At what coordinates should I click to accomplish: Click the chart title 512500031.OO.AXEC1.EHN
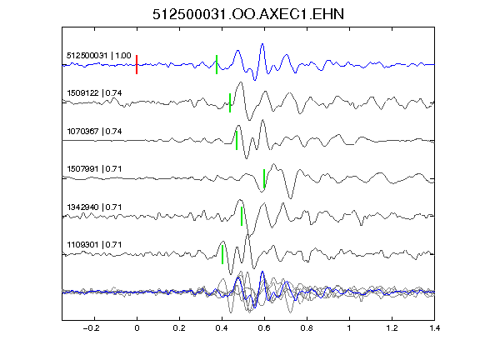pos(248,14)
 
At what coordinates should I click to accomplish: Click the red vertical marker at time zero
pos(137,65)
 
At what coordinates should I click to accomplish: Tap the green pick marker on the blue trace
pos(217,65)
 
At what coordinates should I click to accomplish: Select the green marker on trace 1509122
pos(230,102)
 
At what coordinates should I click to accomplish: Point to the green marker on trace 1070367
pos(237,141)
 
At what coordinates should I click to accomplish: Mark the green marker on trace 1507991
pos(264,178)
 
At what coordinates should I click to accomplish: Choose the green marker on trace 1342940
pos(242,216)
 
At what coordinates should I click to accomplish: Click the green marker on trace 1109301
pos(222,254)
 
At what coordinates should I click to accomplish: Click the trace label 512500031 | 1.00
pos(99,56)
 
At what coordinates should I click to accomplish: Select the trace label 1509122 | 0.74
pos(94,93)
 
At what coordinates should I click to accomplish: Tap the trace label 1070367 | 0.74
pos(94,132)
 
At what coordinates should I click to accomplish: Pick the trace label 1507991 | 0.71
pos(94,169)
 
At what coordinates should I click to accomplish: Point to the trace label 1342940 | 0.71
pos(94,207)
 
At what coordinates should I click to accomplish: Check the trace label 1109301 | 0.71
pos(94,245)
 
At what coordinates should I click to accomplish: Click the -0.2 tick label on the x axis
pos(92,328)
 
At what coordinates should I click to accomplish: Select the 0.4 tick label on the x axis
pos(222,328)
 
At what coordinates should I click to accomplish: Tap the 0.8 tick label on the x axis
pos(307,328)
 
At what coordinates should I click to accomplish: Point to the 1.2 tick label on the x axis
pos(392,328)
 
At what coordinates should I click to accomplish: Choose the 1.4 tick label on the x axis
pos(434,328)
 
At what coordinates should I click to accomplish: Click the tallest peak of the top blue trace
pos(262,44)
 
